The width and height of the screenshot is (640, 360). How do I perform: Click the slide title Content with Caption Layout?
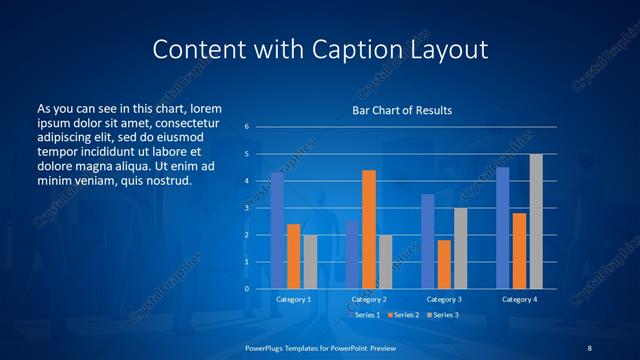coord(320,49)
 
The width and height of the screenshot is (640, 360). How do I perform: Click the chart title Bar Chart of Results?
coord(401,110)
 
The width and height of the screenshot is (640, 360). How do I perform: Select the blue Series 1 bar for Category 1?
coord(277,231)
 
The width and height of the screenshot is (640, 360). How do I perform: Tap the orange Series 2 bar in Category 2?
coord(369,229)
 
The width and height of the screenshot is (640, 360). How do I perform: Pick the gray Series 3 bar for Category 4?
coord(536,221)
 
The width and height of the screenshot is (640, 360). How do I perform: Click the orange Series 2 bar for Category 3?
coord(444,264)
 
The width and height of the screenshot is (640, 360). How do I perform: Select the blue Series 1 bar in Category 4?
coord(503,228)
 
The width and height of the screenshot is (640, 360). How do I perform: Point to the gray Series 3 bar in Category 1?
coord(310,262)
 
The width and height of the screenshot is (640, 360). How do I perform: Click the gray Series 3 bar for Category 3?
coord(460,248)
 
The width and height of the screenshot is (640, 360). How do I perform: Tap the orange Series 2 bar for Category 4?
coord(519,251)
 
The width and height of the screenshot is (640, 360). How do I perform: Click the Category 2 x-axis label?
coord(369,299)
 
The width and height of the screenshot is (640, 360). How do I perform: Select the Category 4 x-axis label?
coord(519,299)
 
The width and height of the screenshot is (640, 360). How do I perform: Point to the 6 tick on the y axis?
coord(247,127)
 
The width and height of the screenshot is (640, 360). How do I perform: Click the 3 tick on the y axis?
coord(247,208)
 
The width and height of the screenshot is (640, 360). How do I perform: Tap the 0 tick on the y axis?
coord(247,289)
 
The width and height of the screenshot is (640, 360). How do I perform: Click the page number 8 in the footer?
coord(589,346)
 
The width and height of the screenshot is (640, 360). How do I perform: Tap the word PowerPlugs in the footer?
coord(268,346)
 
